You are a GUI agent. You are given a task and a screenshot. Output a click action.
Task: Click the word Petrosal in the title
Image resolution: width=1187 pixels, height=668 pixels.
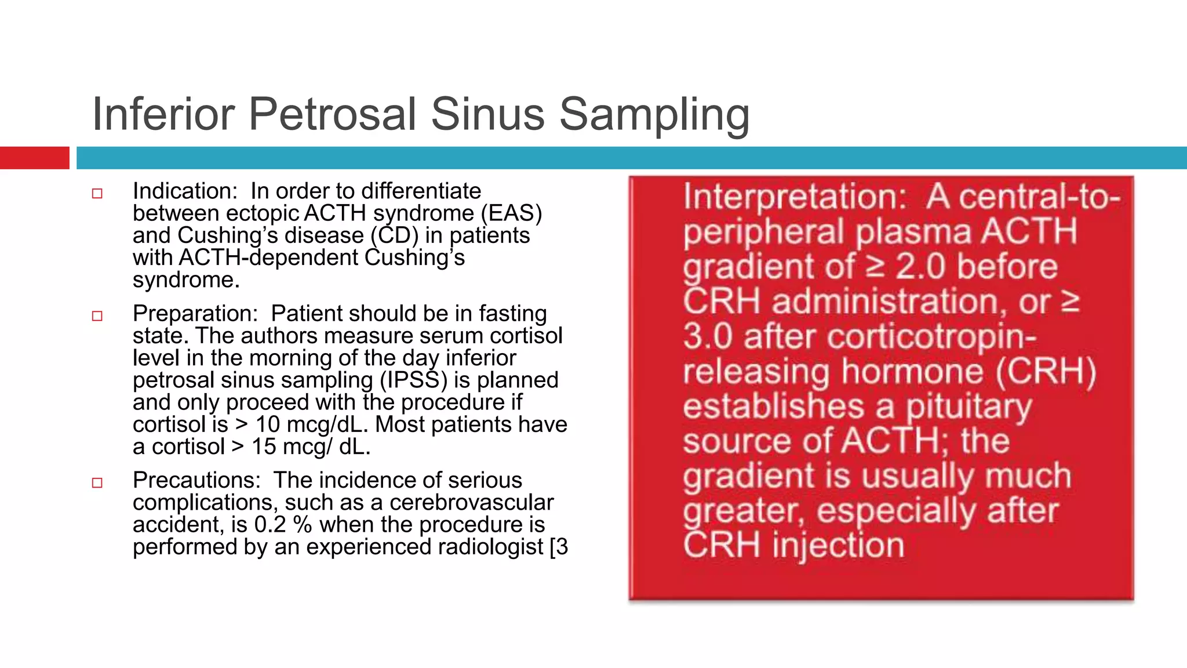(x=332, y=114)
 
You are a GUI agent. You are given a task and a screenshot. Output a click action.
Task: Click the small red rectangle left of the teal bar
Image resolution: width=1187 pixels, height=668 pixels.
(x=34, y=158)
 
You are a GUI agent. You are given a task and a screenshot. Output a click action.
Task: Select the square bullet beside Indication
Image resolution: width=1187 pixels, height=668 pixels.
(x=97, y=194)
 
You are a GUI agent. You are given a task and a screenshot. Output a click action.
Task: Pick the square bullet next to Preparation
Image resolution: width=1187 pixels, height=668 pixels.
(x=97, y=316)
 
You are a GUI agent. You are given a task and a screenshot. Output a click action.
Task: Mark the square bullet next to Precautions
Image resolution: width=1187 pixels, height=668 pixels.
(x=97, y=483)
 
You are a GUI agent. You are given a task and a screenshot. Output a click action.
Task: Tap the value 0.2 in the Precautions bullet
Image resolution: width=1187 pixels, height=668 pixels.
(x=270, y=525)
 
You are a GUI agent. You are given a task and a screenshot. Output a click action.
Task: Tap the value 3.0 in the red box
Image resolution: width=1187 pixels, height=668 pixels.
(x=708, y=337)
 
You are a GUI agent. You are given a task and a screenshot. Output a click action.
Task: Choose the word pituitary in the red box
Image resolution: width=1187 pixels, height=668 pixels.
(x=968, y=407)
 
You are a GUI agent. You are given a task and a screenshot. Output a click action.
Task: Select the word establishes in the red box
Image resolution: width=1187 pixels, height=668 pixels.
(x=774, y=406)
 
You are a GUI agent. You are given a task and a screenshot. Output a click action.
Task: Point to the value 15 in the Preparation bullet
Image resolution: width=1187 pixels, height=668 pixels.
(x=264, y=447)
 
